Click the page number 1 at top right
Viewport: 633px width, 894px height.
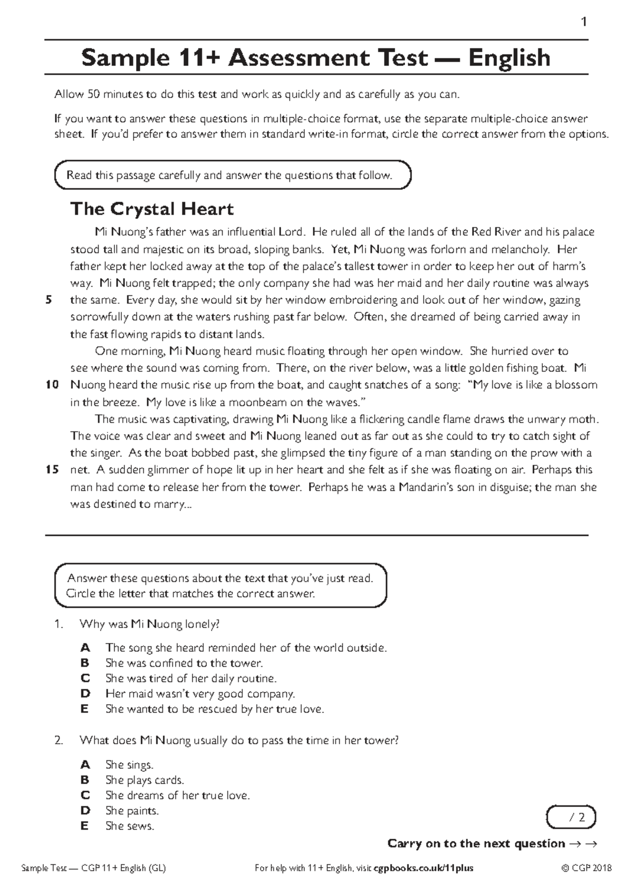pyautogui.click(x=583, y=22)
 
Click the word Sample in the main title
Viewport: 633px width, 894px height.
pyautogui.click(x=124, y=58)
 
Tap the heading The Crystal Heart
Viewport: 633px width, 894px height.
pyautogui.click(x=152, y=209)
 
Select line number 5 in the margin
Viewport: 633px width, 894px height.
pyautogui.click(x=49, y=300)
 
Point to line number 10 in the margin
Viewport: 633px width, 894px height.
pyautogui.click(x=52, y=385)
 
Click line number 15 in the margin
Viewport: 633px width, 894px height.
pyautogui.click(x=52, y=470)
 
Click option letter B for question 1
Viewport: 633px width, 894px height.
pyautogui.click(x=85, y=663)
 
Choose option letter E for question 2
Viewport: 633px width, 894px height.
pyautogui.click(x=84, y=826)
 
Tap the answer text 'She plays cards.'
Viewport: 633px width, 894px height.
pyautogui.click(x=145, y=780)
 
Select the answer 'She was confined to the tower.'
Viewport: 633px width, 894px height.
pyautogui.click(x=184, y=663)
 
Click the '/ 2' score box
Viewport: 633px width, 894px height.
pyautogui.click(x=572, y=818)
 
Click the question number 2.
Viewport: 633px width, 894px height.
pyautogui.click(x=59, y=741)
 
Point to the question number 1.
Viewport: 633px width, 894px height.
pyautogui.click(x=59, y=625)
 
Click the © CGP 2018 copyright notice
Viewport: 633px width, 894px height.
pyautogui.click(x=586, y=868)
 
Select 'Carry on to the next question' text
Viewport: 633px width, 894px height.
pyautogui.click(x=476, y=843)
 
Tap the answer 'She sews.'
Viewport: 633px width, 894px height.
pyautogui.click(x=130, y=826)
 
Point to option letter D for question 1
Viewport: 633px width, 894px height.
pyautogui.click(x=85, y=694)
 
